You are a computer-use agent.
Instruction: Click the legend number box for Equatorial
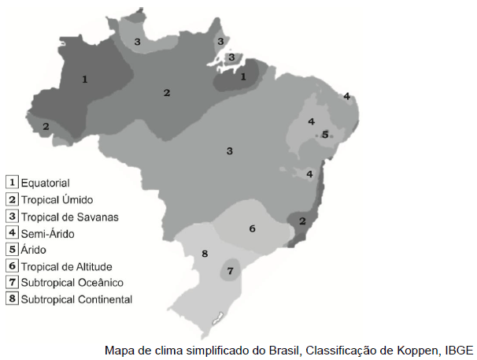point(12,182)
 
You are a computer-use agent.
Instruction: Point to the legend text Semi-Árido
point(52,233)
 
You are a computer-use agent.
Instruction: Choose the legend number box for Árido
point(12,250)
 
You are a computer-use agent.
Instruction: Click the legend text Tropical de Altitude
point(67,266)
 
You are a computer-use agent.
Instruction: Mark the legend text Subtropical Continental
point(76,299)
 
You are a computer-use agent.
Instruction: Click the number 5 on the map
point(324,135)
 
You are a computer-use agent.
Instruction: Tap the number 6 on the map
point(252,228)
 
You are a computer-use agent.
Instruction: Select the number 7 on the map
point(230,271)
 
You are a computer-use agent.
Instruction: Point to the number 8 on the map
point(205,254)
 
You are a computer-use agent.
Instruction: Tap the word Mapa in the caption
point(120,350)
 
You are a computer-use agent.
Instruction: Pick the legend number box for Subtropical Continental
point(12,299)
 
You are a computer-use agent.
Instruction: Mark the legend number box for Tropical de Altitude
point(12,266)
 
